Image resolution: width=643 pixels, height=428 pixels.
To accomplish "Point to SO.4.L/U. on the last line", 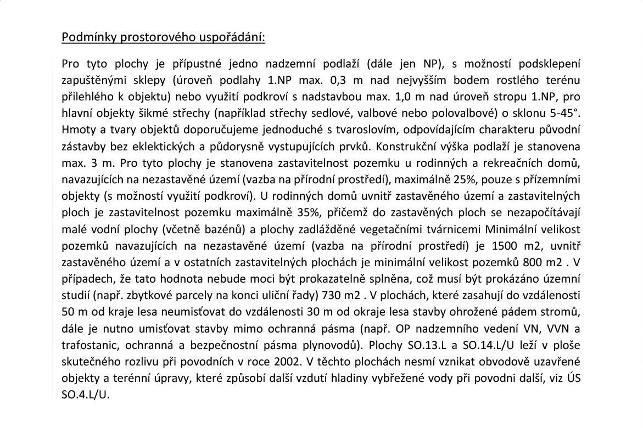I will [x=86, y=395].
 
